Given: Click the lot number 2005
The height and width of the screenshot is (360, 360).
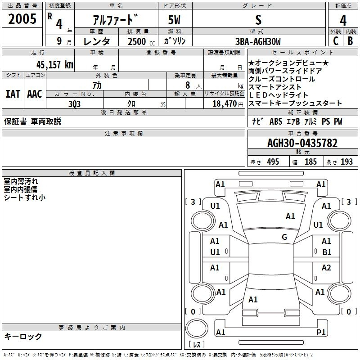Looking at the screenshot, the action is [22, 19].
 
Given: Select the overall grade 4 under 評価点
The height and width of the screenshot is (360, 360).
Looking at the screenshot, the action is [343, 21].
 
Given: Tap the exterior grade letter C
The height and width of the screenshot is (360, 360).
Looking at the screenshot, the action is [336, 41].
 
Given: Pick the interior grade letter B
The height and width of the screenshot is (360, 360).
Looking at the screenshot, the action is [350, 41].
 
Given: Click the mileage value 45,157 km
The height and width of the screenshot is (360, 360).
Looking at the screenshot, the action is [55, 64].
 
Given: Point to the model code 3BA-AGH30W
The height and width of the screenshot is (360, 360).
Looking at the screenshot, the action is [258, 41].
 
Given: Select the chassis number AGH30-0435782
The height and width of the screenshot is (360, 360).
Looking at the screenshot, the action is [302, 143].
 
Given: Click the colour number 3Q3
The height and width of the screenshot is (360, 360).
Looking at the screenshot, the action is [74, 104].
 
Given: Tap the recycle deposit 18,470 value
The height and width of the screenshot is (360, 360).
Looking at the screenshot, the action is [224, 104].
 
